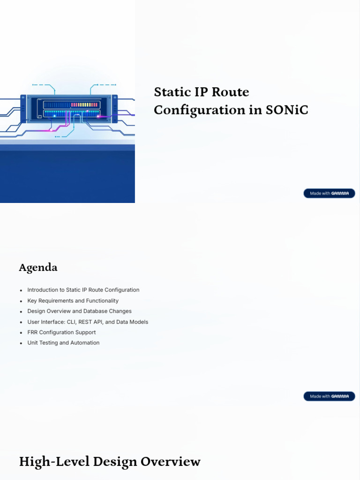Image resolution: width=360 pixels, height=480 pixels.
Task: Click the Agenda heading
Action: click(x=38, y=268)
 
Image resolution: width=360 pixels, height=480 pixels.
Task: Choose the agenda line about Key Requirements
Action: click(x=73, y=301)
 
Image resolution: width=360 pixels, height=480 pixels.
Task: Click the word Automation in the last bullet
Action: click(x=85, y=343)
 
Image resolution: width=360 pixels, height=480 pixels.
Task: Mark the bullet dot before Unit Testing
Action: click(x=21, y=344)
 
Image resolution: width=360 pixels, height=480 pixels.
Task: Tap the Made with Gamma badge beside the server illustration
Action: click(x=329, y=193)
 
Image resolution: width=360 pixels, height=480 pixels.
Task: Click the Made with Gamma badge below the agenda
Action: click(x=329, y=396)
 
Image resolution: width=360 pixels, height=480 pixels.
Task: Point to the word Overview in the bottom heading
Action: click(x=173, y=462)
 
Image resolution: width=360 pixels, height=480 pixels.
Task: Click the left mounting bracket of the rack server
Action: click(x=23, y=109)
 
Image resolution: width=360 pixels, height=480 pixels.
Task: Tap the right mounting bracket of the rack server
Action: click(x=114, y=109)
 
